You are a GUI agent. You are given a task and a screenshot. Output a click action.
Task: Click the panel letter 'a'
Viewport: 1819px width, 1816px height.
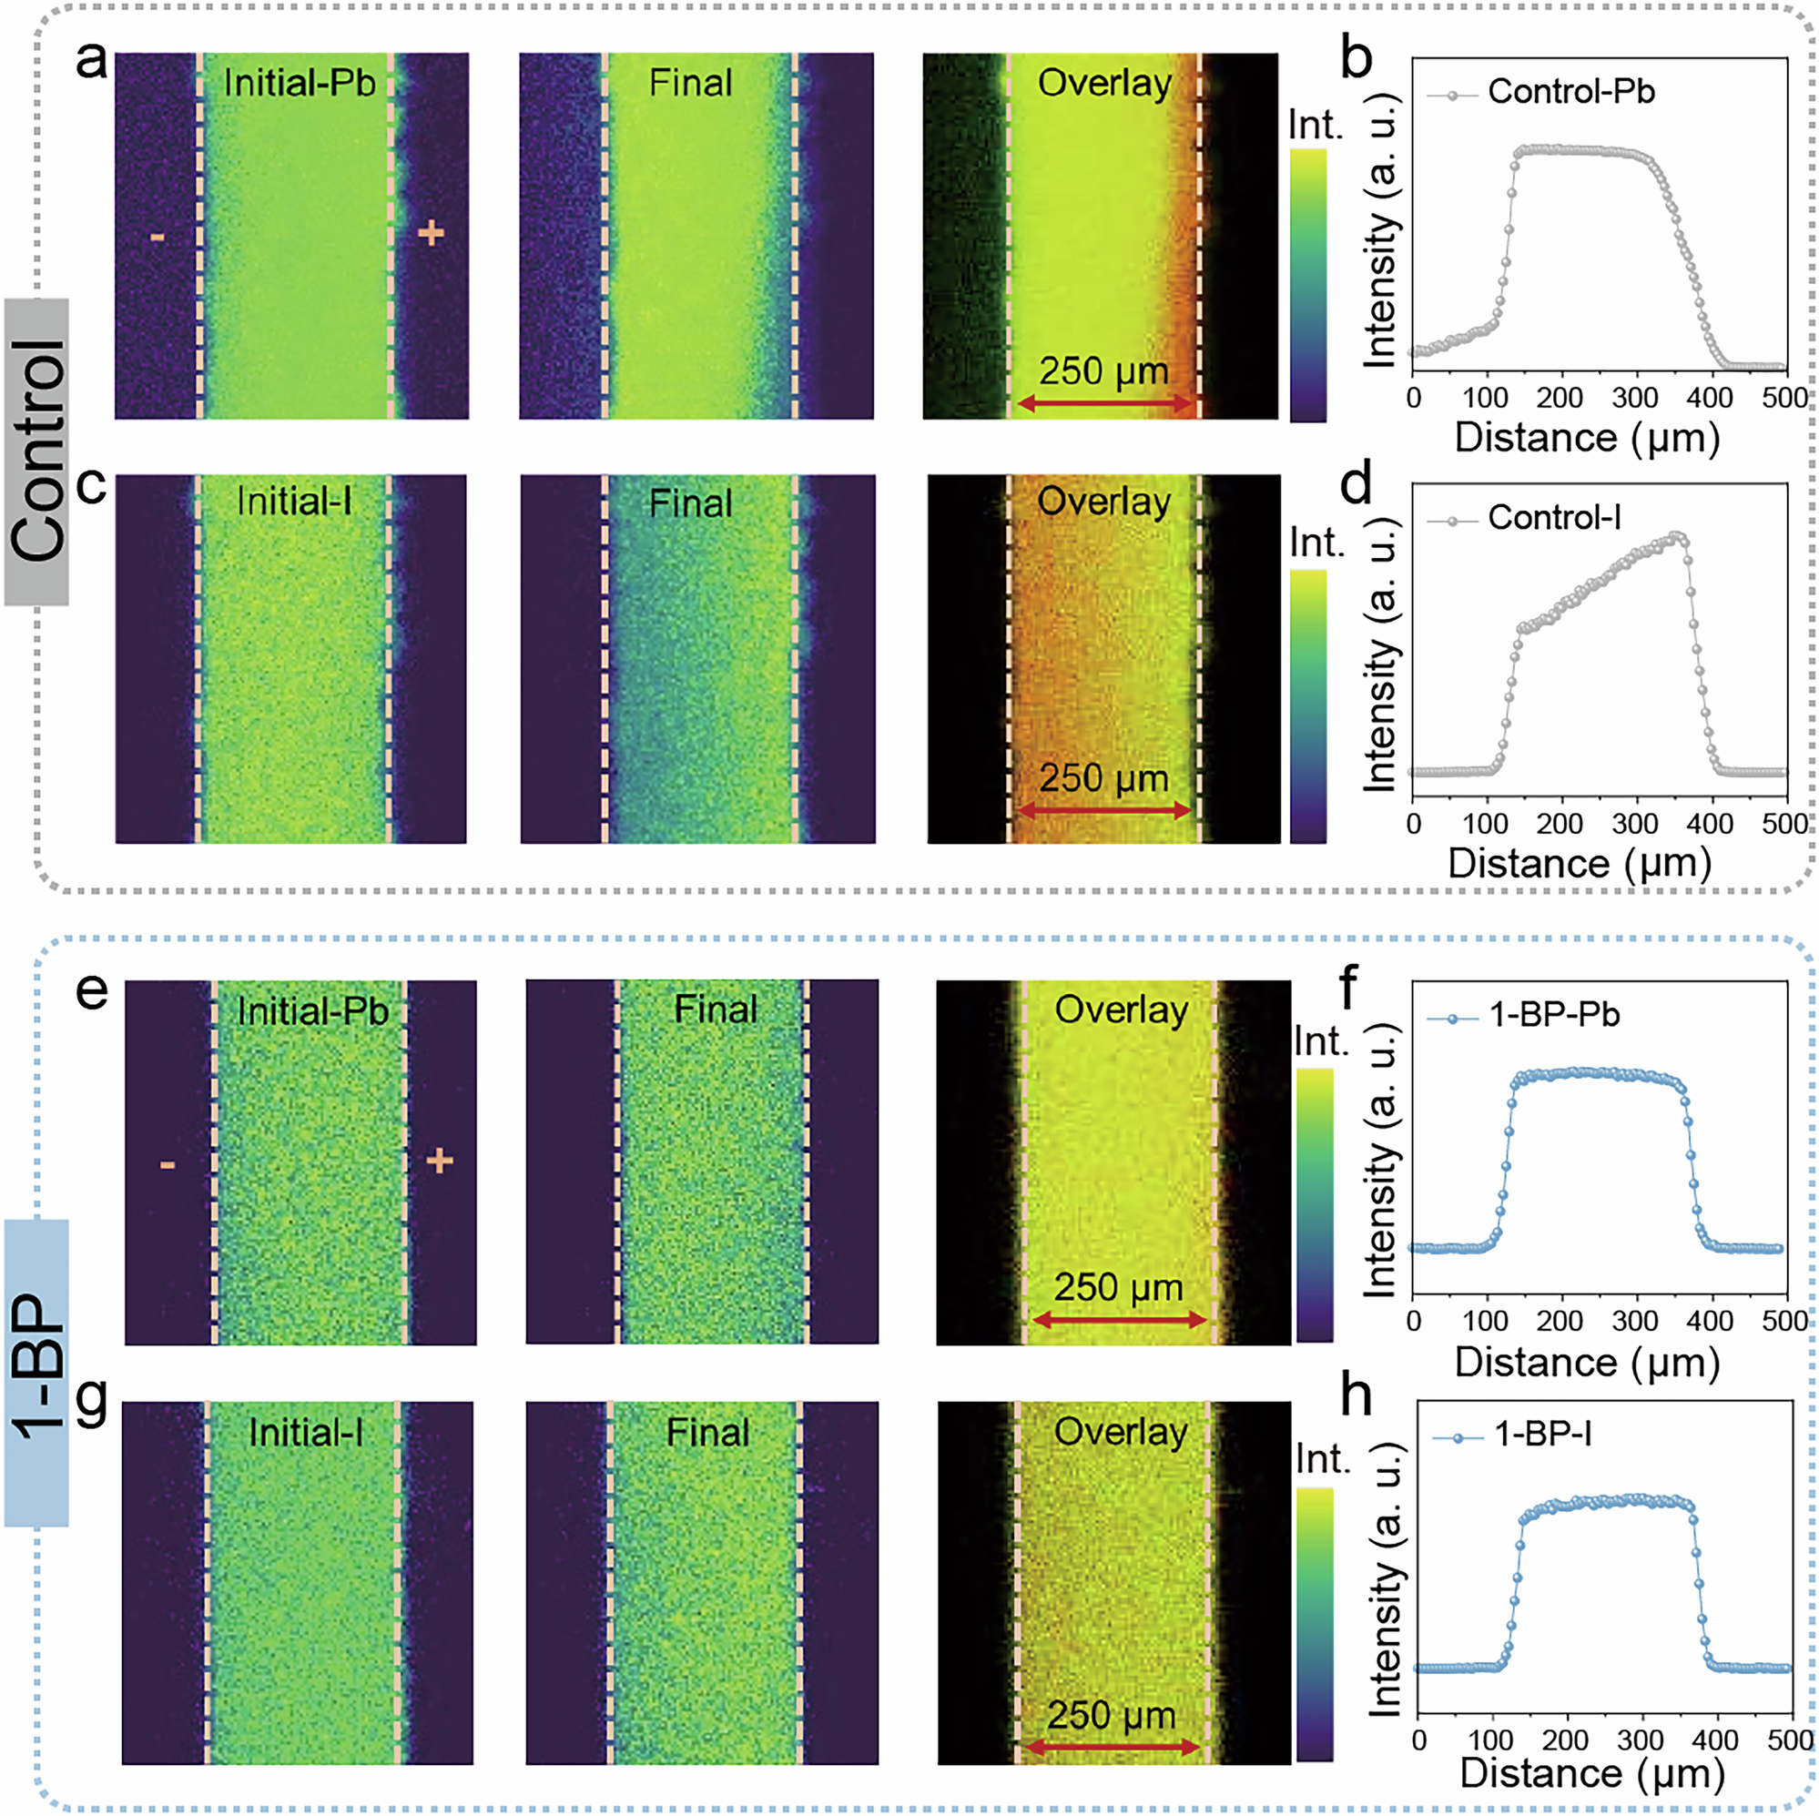coord(91,62)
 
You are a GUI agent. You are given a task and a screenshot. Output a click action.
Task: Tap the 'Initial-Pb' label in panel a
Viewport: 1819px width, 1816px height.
coord(299,83)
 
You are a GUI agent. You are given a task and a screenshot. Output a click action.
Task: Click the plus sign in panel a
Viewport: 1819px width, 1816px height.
coord(431,231)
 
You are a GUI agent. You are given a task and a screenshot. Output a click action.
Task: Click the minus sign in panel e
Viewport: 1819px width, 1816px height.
coord(167,1165)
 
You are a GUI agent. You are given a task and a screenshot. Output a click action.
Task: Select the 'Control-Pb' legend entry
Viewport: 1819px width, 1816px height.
coord(1570,92)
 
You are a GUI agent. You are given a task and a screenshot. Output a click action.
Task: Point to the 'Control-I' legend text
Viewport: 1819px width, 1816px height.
coord(1554,518)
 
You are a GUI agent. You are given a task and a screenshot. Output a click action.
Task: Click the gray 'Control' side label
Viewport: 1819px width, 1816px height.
coord(36,451)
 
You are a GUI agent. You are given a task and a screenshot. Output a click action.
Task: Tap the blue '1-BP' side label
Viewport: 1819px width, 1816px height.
coord(36,1372)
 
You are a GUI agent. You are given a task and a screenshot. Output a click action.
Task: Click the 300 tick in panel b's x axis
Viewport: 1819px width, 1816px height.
coord(1634,398)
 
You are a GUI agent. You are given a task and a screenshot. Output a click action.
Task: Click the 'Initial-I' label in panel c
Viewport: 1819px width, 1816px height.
coord(294,502)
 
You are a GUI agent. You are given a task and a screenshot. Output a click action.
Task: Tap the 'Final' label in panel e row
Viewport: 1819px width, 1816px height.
coord(715,1010)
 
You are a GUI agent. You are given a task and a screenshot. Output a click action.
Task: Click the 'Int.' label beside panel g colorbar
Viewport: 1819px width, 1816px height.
coord(1323,1459)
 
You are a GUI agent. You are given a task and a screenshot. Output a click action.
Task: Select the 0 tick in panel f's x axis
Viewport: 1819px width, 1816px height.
coord(1413,1321)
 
